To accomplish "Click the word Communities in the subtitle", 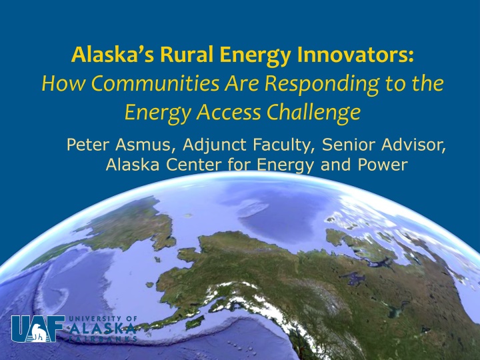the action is pyautogui.click(x=155, y=83).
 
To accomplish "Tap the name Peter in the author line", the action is pyautogui.click(x=88, y=145).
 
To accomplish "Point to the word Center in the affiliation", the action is pyautogui.click(x=193, y=165).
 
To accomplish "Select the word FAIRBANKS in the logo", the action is pyautogui.click(x=103, y=339).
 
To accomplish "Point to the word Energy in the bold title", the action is pyautogui.click(x=255, y=56).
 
